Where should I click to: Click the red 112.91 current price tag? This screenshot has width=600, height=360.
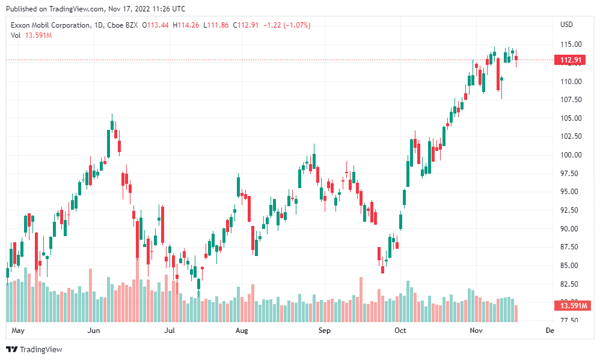pos(570,60)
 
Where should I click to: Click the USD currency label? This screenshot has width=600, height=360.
pos(566,25)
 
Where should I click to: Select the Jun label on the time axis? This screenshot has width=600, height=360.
pos(93,331)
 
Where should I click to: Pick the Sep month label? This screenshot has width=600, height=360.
pos(325,331)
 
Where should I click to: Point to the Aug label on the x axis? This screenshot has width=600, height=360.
pos(242,331)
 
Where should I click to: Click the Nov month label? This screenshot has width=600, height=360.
pos(476,331)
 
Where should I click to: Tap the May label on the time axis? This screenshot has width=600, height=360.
pos(18,331)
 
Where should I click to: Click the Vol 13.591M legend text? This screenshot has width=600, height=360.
pos(31,35)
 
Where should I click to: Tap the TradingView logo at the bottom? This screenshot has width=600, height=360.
pos(34,349)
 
